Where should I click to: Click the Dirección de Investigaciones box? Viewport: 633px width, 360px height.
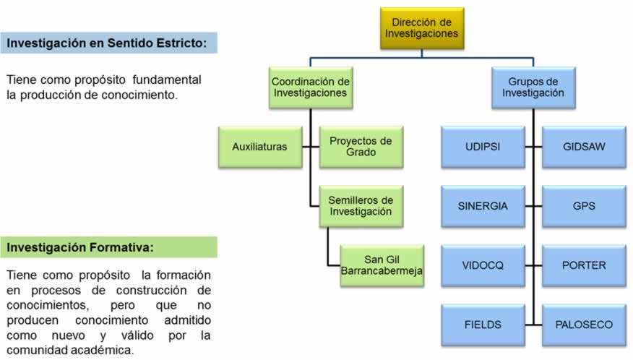click(x=421, y=27)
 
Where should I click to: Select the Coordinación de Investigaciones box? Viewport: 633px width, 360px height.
click(x=310, y=87)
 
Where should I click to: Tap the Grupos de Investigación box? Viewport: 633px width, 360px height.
click(x=533, y=87)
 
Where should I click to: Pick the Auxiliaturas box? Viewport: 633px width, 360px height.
click(x=259, y=147)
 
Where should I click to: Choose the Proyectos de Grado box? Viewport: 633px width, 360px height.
click(x=361, y=147)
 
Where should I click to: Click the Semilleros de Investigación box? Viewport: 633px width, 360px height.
click(x=361, y=205)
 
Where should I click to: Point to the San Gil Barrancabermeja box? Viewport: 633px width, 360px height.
click(x=382, y=265)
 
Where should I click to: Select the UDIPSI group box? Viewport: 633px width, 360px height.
click(x=483, y=147)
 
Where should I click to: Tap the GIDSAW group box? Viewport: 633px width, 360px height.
click(x=584, y=147)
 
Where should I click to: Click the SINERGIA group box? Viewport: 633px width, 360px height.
click(x=483, y=206)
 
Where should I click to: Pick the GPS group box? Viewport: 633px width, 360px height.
click(x=584, y=206)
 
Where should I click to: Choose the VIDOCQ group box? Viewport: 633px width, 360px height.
click(x=483, y=265)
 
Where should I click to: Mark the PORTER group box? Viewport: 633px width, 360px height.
click(x=584, y=265)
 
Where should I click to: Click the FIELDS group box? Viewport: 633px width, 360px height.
click(x=483, y=325)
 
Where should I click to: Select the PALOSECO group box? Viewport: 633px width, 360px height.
click(x=584, y=325)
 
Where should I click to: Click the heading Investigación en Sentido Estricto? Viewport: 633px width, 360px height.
click(x=108, y=43)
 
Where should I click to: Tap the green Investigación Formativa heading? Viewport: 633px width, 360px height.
click(x=80, y=247)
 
